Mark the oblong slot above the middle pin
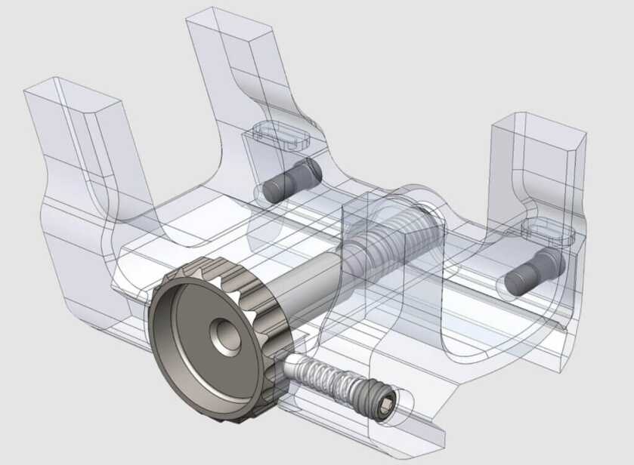tap(280, 134)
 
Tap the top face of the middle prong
tap(230, 24)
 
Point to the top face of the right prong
tap(537, 125)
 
